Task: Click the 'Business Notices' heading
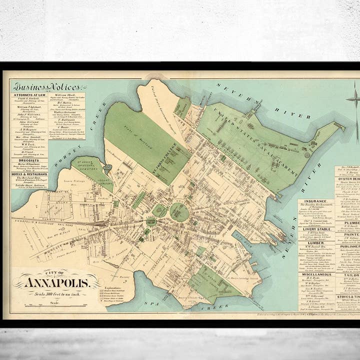(x=49, y=86)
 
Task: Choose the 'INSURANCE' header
(x=316, y=202)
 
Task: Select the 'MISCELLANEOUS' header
(x=316, y=274)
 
